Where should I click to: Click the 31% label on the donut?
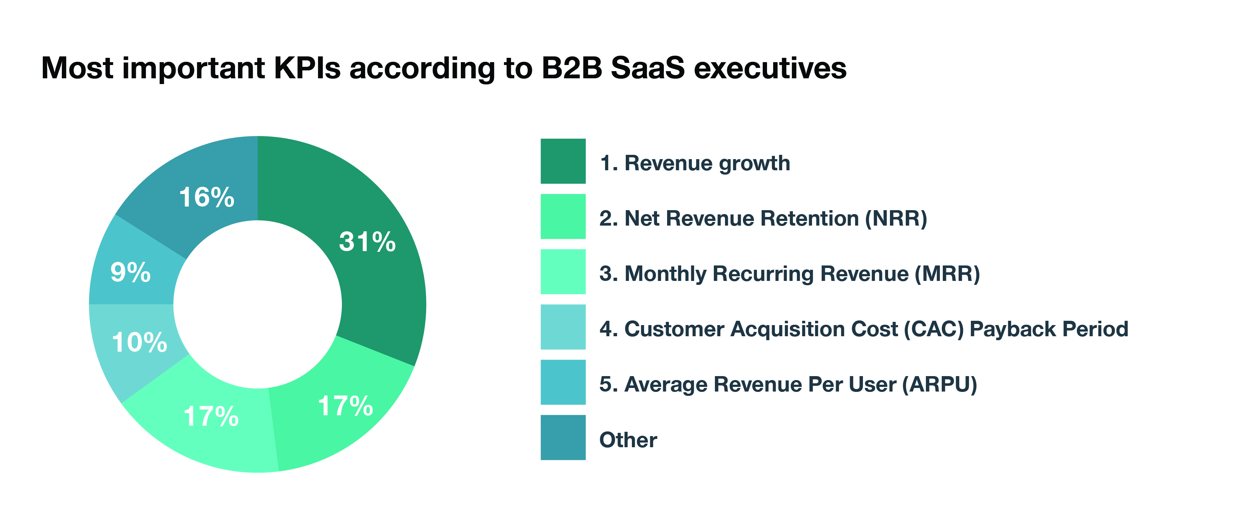pyautogui.click(x=367, y=242)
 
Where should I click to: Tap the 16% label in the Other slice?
pyautogui.click(x=207, y=197)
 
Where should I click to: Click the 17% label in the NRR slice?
pyautogui.click(x=345, y=406)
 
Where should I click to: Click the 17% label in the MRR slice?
pyautogui.click(x=211, y=416)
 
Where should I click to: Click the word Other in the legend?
pyautogui.click(x=628, y=440)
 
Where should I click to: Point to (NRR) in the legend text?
pyautogui.click(x=896, y=218)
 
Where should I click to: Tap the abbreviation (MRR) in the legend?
pyautogui.click(x=947, y=273)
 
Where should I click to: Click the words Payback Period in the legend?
pyautogui.click(x=1048, y=329)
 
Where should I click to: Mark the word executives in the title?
pyautogui.click(x=770, y=68)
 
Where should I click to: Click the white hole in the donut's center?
pyautogui.click(x=257, y=304)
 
